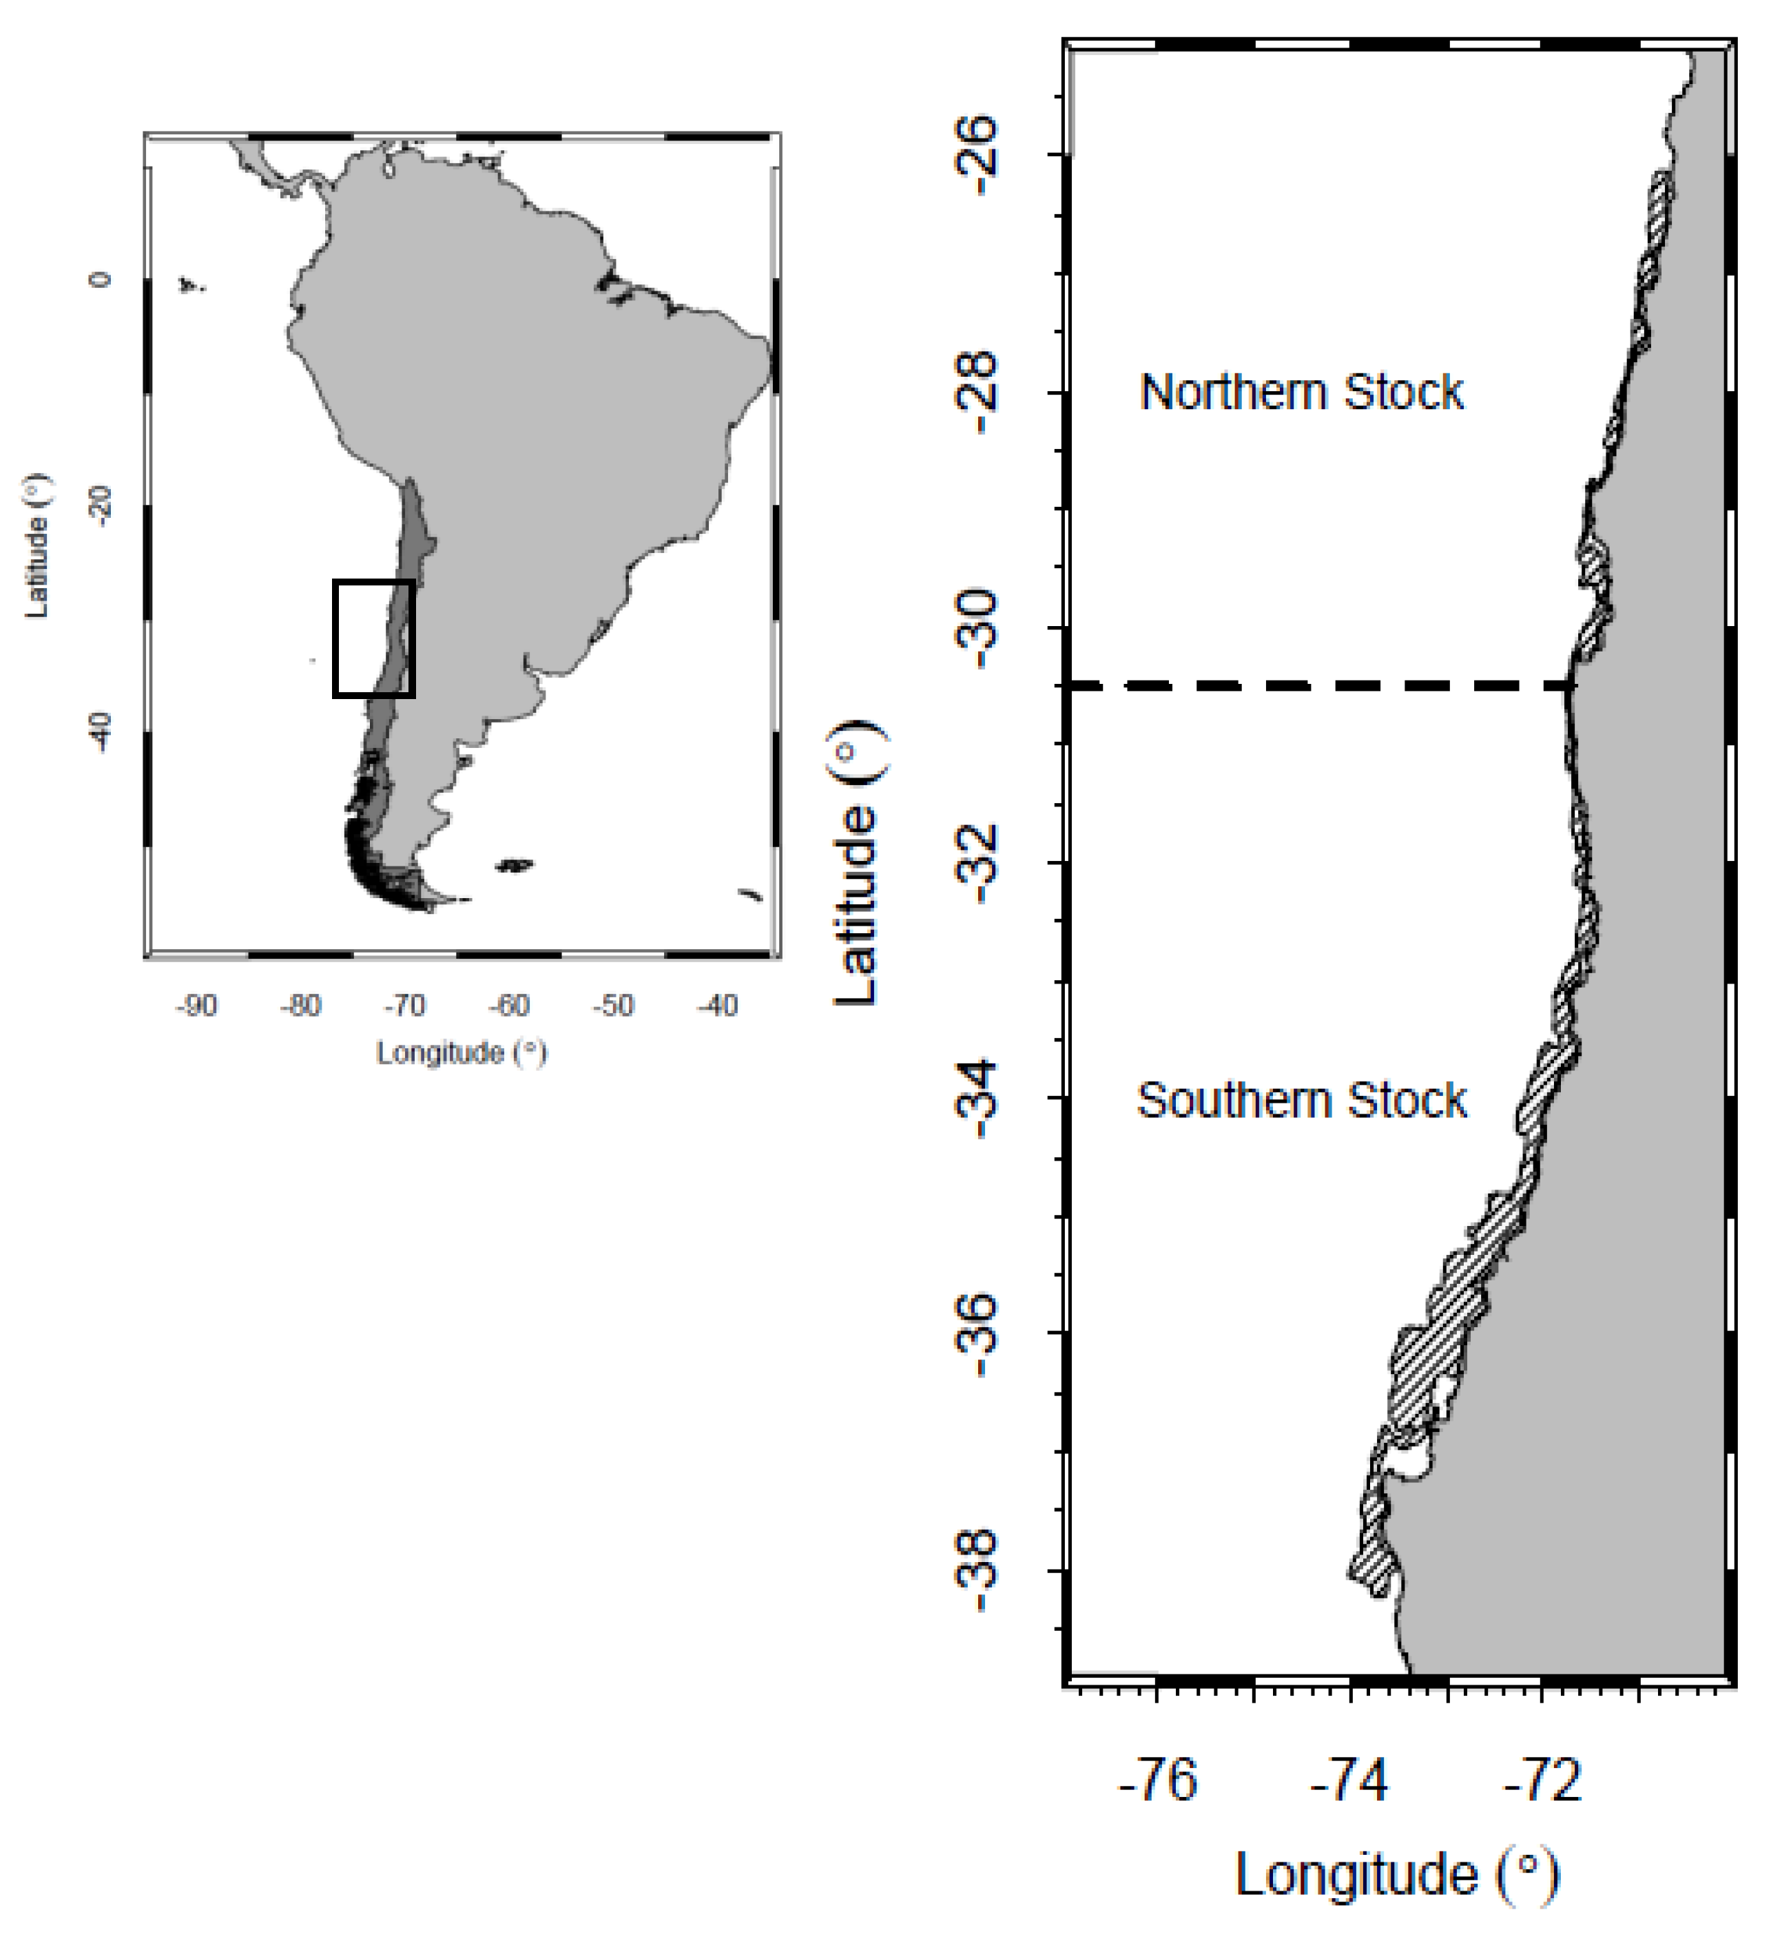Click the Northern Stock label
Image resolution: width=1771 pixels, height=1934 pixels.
(x=1302, y=393)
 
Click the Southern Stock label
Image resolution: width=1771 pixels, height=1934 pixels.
(x=1302, y=1101)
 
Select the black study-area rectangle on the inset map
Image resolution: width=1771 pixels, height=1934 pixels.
(x=335, y=638)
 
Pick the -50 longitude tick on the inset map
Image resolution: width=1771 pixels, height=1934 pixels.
(x=613, y=1006)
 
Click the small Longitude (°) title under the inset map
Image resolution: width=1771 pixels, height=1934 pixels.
(x=462, y=1053)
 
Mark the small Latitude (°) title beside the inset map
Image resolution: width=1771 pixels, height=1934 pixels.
(x=37, y=545)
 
